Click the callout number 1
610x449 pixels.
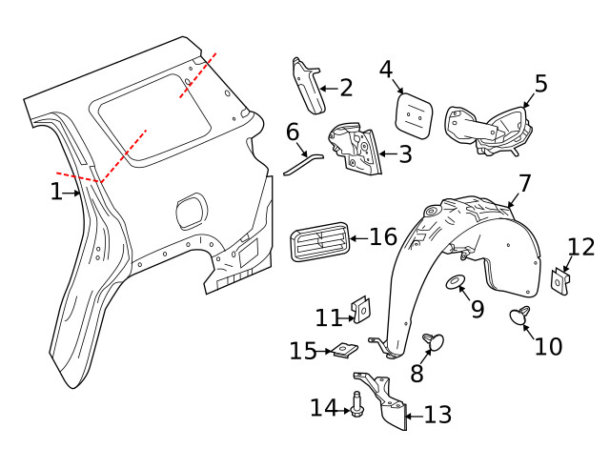[55, 192]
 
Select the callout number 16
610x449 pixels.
[382, 236]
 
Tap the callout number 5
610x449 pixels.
[540, 83]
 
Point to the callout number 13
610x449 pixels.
[437, 414]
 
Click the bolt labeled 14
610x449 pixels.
[356, 406]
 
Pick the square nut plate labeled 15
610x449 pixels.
[341, 351]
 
